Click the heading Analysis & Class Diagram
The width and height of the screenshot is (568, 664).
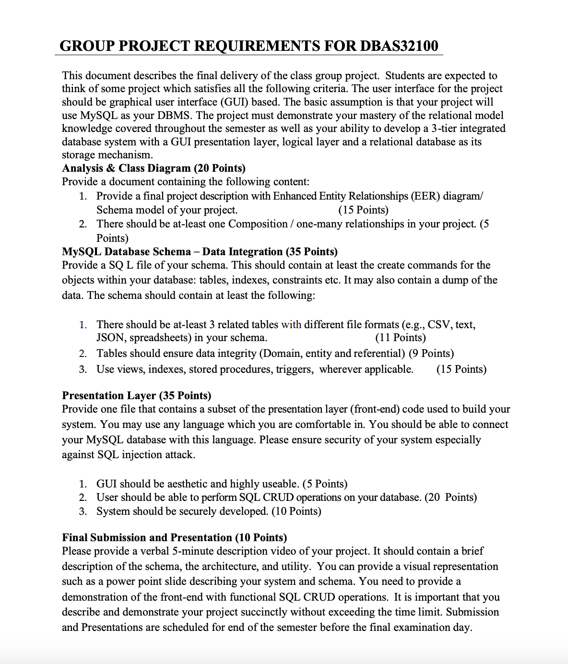126,168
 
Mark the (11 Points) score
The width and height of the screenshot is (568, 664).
400,338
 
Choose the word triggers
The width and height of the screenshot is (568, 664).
295,369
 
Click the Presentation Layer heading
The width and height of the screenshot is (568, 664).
109,395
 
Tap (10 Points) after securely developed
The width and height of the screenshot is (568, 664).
296,511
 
